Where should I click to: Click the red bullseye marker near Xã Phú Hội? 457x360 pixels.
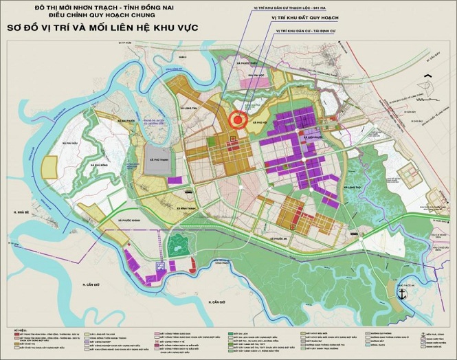point(238,120)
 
